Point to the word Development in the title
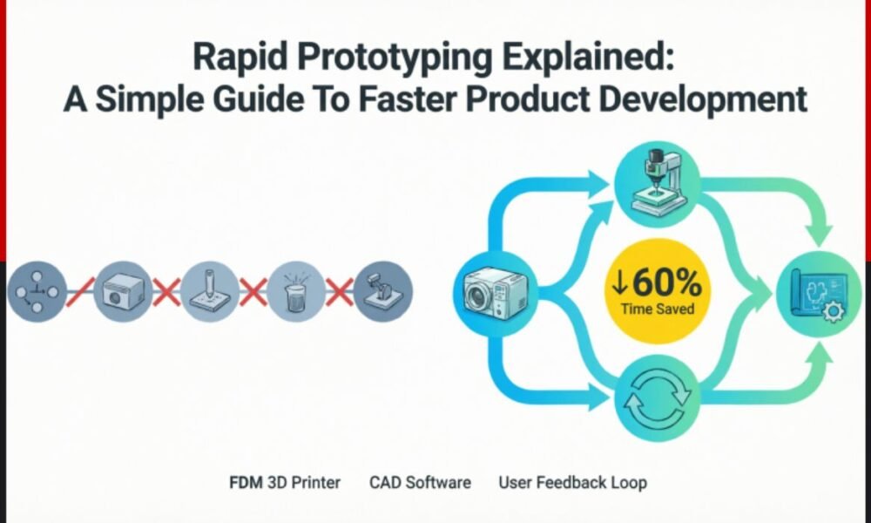coord(706,98)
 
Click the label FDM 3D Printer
coord(285,482)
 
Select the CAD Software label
coord(420,482)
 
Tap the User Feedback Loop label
coord(572,482)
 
